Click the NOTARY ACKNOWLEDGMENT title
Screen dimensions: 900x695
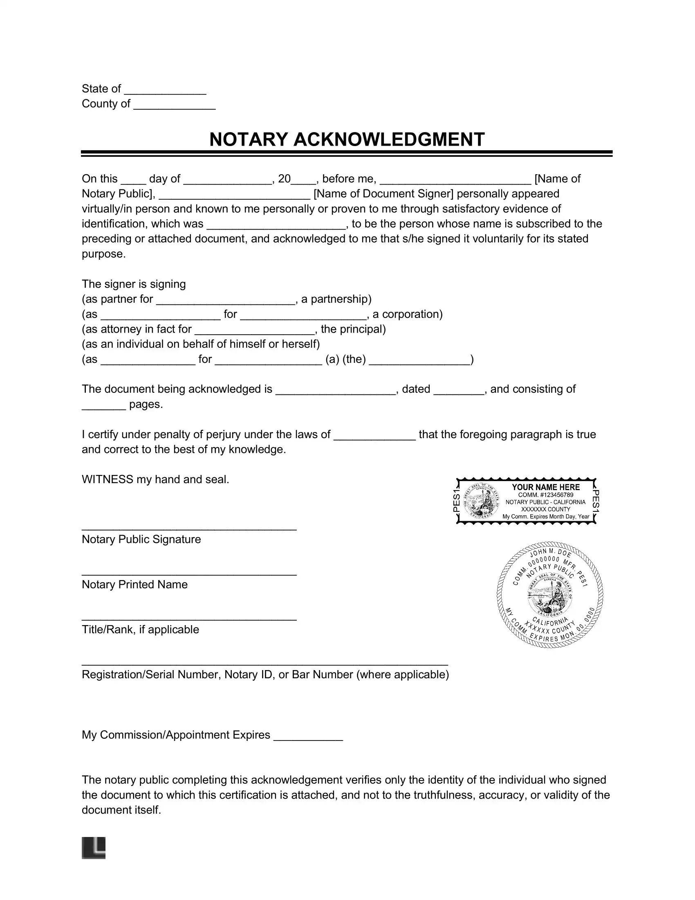click(x=347, y=139)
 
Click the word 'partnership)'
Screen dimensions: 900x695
click(x=336, y=299)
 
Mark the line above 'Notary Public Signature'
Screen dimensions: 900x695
click(x=189, y=529)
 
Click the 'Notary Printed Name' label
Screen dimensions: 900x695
click(x=135, y=584)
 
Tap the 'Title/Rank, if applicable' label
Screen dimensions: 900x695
click(x=140, y=629)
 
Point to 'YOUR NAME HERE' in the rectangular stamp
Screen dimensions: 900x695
click(x=545, y=487)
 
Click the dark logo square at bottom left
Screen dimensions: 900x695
click(x=94, y=848)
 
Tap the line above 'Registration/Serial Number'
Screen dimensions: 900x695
click(x=265, y=664)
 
